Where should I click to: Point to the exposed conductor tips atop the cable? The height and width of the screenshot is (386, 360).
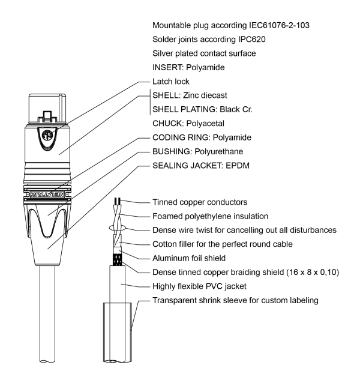[x=118, y=202]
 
